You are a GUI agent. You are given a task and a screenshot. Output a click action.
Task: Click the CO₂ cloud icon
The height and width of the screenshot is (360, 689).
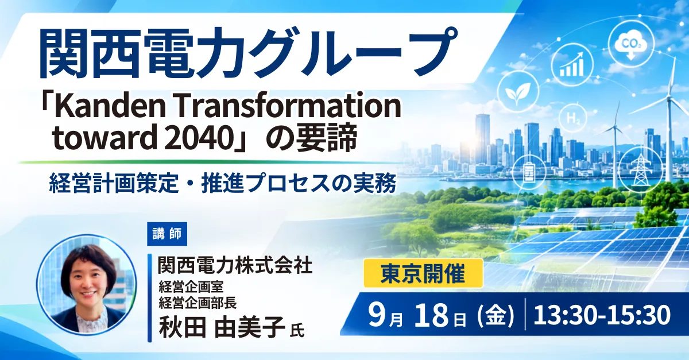pyautogui.click(x=631, y=45)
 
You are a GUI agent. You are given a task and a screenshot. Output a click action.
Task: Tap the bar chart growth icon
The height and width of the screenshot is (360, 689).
pyautogui.click(x=571, y=65)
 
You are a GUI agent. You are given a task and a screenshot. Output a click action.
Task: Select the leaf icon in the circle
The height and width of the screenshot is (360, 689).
pyautogui.click(x=518, y=91)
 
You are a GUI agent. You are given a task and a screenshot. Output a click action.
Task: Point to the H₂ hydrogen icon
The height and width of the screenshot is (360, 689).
pyautogui.click(x=573, y=118)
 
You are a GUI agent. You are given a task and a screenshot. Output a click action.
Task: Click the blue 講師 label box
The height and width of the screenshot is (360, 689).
pyautogui.click(x=167, y=234)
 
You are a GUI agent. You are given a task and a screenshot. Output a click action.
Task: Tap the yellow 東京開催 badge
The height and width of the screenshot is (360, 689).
pyautogui.click(x=423, y=273)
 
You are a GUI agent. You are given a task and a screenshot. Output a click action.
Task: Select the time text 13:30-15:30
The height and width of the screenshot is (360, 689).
pyautogui.click(x=602, y=315)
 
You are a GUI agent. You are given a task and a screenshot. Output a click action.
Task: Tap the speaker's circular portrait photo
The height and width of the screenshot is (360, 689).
pyautogui.click(x=87, y=284)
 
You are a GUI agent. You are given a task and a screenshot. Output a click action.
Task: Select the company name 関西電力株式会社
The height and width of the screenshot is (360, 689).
pyautogui.click(x=235, y=265)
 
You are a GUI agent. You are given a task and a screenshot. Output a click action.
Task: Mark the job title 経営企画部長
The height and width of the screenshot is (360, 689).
pyautogui.click(x=198, y=303)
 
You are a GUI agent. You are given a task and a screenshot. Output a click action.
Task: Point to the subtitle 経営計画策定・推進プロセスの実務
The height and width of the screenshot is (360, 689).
pyautogui.click(x=222, y=184)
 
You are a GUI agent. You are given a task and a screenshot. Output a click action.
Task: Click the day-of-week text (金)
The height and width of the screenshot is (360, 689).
pyautogui.click(x=495, y=315)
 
